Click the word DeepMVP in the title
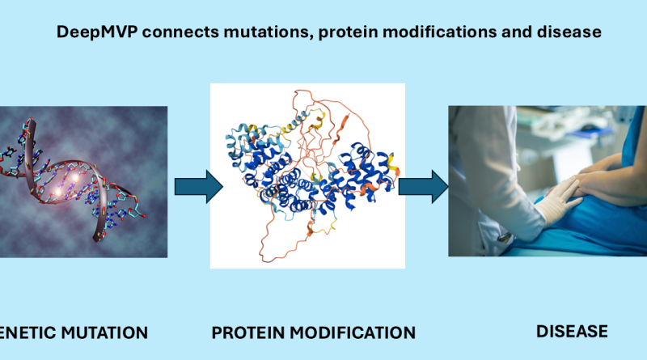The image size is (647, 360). [x=97, y=32]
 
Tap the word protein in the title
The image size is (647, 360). [x=348, y=32]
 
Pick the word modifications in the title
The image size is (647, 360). [x=439, y=32]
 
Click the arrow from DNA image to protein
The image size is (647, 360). [x=199, y=187]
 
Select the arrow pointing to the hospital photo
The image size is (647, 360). [x=423, y=187]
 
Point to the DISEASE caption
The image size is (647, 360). [x=572, y=332]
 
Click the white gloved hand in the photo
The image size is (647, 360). [x=557, y=201]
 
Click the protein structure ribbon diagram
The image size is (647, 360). [x=307, y=176]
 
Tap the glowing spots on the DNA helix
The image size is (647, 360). [x=67, y=184]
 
